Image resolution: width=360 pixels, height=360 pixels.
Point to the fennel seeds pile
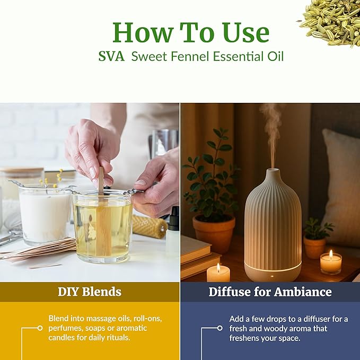point(331,21)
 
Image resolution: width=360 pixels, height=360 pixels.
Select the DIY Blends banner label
point(90,292)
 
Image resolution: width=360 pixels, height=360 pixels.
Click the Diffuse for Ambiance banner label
point(270,292)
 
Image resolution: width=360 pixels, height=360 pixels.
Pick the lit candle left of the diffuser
point(218,273)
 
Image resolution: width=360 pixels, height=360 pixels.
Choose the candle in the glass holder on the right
point(331,262)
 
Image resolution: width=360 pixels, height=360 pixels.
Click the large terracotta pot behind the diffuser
point(213,233)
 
